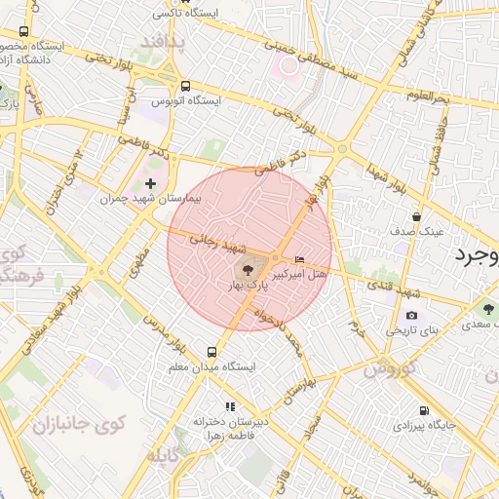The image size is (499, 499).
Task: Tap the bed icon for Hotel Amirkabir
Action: point(299,259)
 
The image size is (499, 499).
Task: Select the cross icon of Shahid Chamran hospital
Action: point(150,182)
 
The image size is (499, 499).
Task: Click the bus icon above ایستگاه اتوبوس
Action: point(186,86)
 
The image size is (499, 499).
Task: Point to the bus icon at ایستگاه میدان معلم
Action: point(211,351)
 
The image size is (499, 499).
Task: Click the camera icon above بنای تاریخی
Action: point(411,316)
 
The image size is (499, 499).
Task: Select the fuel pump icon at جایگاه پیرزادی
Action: point(423,410)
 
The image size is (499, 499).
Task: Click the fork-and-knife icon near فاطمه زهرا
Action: point(230,406)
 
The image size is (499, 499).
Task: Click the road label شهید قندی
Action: point(396,290)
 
